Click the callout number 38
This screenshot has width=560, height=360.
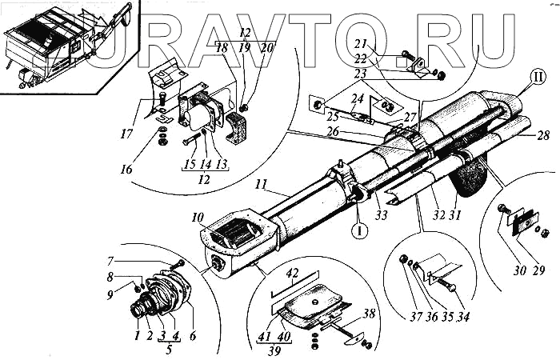coord(369,314)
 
